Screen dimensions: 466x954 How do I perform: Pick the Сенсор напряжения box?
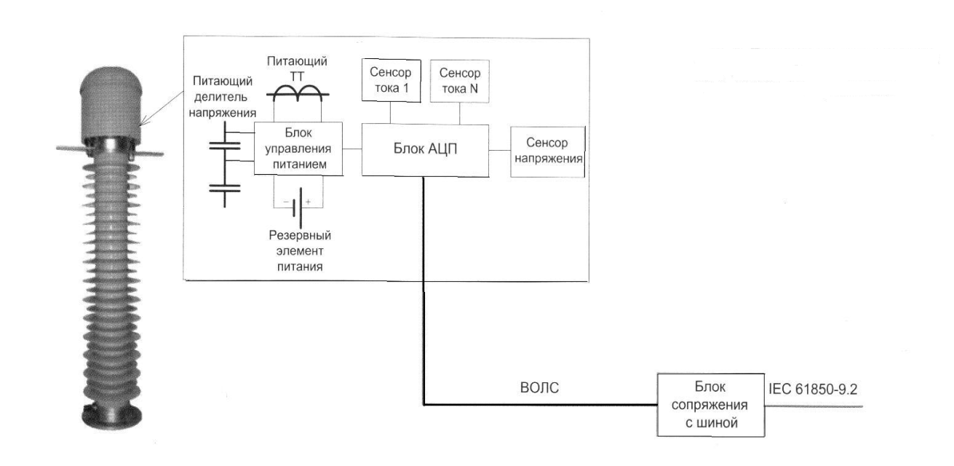(x=549, y=152)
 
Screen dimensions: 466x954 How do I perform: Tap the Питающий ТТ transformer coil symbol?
(x=298, y=90)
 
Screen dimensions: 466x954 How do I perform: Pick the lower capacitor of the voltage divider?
(x=225, y=188)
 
